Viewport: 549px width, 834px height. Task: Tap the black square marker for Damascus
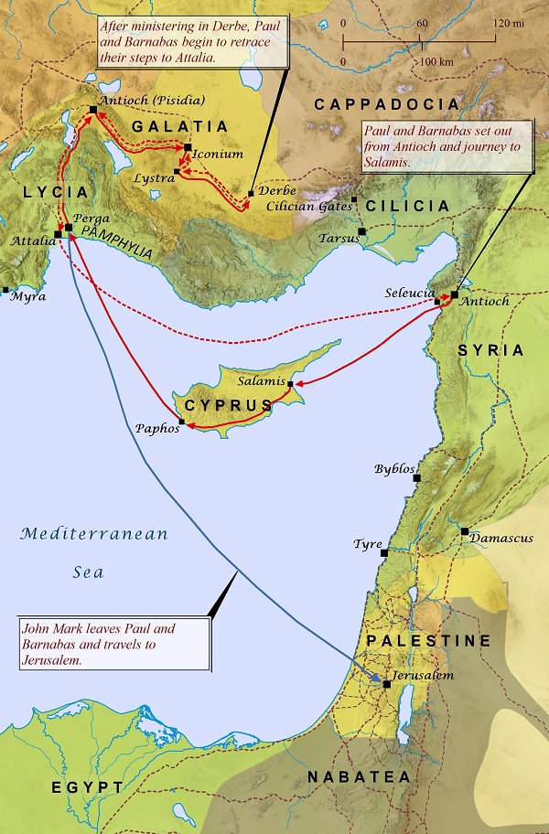point(465,530)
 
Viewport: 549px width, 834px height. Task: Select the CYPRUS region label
point(228,405)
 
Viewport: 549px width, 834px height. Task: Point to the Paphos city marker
point(182,422)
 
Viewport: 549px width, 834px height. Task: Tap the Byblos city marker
point(417,477)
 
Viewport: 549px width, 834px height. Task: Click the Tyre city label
point(368,545)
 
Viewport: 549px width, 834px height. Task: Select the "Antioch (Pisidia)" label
point(153,101)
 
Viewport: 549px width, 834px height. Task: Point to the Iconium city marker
point(188,147)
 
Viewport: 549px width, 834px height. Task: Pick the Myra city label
point(27,297)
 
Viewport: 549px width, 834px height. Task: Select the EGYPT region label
point(88,788)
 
